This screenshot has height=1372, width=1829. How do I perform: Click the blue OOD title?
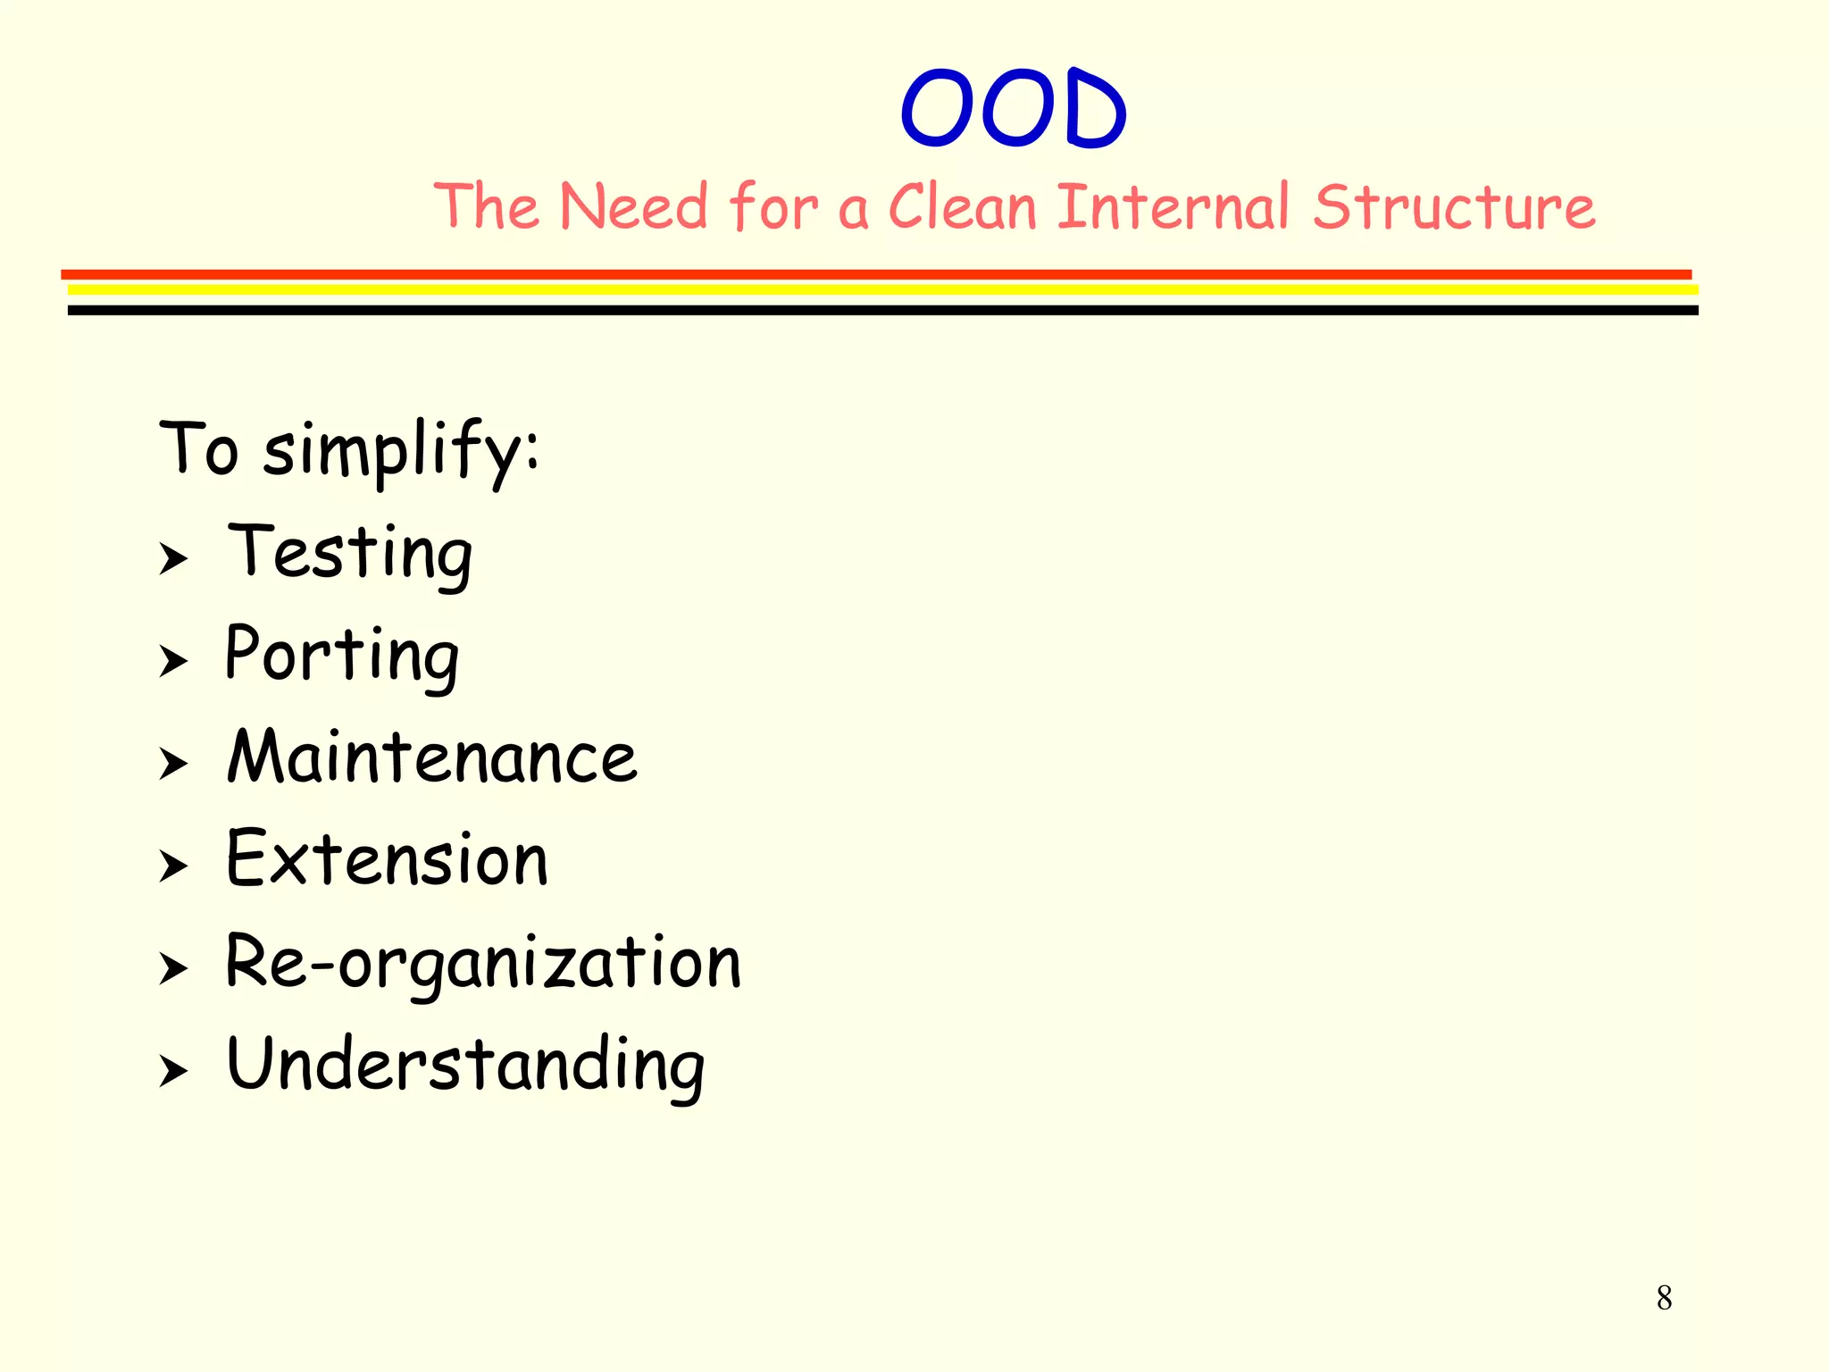pyautogui.click(x=1014, y=108)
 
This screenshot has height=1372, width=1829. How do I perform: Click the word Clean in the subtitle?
pyautogui.click(x=962, y=207)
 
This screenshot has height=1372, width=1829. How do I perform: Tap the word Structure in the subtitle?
pyautogui.click(x=1453, y=207)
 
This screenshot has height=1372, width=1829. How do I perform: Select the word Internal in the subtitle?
pyautogui.click(x=1173, y=207)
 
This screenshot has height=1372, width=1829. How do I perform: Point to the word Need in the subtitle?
pyautogui.click(x=633, y=207)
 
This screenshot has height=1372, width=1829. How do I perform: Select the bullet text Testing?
pyautogui.click(x=350, y=553)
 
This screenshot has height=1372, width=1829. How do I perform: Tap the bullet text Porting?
pyautogui.click(x=342, y=656)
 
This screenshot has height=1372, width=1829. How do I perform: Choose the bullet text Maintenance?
pyautogui.click(x=432, y=757)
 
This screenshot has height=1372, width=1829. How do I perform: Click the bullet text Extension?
pyautogui.click(x=387, y=859)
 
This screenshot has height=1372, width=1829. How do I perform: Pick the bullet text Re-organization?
pyautogui.click(x=483, y=962)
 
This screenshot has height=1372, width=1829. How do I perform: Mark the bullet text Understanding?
pyautogui.click(x=465, y=1065)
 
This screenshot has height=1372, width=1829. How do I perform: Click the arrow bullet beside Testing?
pyautogui.click(x=173, y=559)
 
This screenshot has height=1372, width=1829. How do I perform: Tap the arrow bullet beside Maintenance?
pyautogui.click(x=173, y=765)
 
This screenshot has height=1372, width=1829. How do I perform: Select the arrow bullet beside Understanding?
pyautogui.click(x=173, y=1071)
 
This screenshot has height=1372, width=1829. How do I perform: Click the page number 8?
pyautogui.click(x=1664, y=1298)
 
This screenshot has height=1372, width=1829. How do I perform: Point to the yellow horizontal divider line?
pyautogui.click(x=882, y=289)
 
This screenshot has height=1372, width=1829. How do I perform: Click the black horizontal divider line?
pyautogui.click(x=882, y=310)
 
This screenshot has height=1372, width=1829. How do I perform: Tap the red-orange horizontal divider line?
pyautogui.click(x=875, y=274)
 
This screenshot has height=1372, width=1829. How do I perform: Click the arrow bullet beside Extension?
pyautogui.click(x=173, y=866)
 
